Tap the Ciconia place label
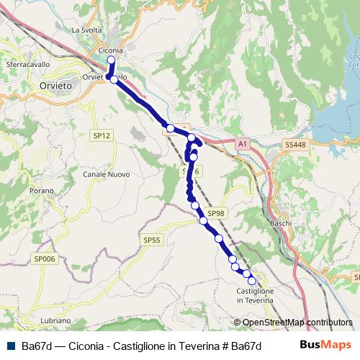tap(109, 50)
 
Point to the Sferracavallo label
tap(27, 64)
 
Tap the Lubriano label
tap(55, 320)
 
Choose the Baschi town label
tap(280, 223)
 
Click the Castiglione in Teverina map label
tap(255, 295)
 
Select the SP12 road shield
tap(101, 135)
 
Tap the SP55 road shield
tap(151, 240)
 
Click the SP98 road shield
tap(216, 213)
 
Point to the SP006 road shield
tap(44, 258)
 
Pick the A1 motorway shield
tap(243, 144)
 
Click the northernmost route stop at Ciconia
tap(111, 60)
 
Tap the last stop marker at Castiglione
tap(251, 281)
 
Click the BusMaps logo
tap(326, 345)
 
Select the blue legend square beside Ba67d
tap(11, 346)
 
